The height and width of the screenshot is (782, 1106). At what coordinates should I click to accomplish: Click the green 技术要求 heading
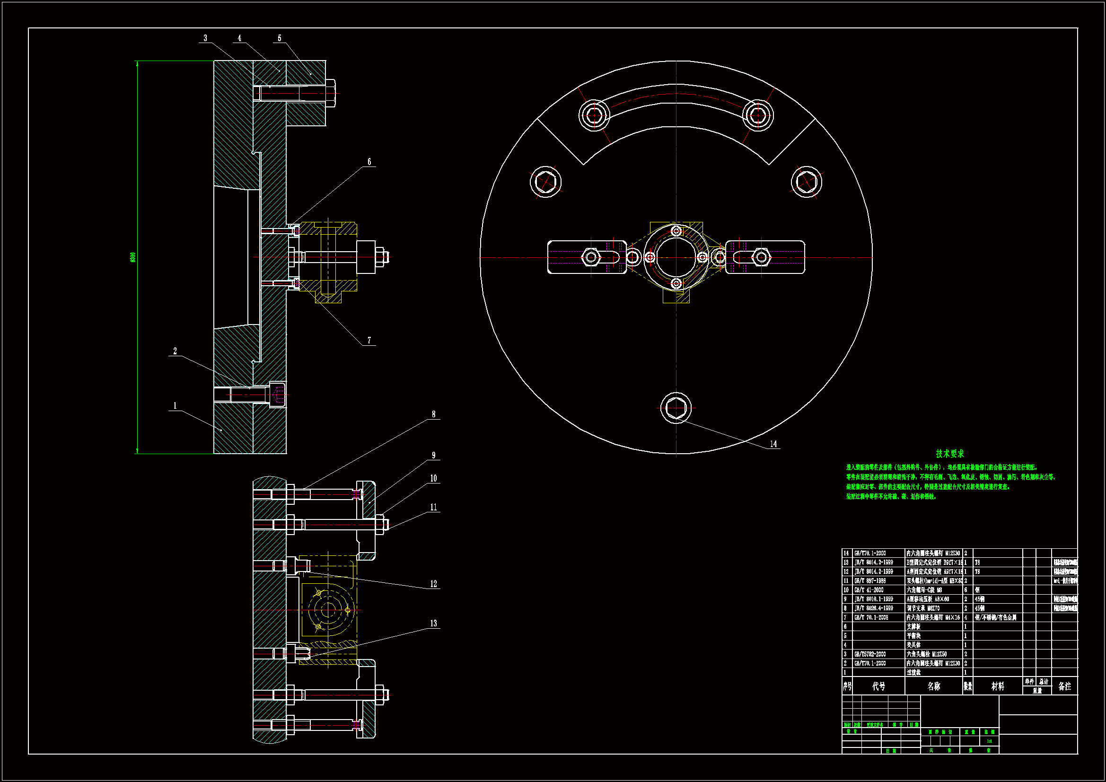(949, 453)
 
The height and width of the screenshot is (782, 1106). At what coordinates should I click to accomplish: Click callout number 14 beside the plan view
(773, 444)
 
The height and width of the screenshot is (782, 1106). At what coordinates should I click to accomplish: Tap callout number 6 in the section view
(369, 162)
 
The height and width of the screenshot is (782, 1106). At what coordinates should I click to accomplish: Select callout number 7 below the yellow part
(369, 340)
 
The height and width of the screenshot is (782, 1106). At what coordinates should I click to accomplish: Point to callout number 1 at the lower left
(175, 406)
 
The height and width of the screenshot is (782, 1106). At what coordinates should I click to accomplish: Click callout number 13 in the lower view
(433, 624)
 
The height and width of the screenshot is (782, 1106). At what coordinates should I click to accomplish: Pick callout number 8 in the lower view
(433, 414)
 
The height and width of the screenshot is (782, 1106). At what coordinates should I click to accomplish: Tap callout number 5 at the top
(280, 38)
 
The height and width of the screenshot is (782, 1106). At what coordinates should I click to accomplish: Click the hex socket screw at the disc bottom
(676, 408)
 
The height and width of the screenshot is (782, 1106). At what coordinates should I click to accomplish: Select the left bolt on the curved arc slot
(594, 114)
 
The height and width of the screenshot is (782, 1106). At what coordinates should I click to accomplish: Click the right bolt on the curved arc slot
(758, 114)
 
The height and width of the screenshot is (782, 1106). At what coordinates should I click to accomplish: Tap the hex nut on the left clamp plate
(590, 257)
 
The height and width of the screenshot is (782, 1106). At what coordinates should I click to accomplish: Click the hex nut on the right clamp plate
(761, 257)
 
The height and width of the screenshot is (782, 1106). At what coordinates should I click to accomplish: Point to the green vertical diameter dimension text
(133, 257)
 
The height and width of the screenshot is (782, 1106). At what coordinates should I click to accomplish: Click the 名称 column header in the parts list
(933, 686)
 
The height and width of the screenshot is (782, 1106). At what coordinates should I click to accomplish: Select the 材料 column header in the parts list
(998, 686)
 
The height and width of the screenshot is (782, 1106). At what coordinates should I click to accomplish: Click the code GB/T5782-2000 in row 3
(870, 654)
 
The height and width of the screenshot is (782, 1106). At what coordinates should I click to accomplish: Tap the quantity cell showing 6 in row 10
(966, 590)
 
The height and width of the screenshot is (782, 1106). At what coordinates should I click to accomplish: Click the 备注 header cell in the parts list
(1064, 686)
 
